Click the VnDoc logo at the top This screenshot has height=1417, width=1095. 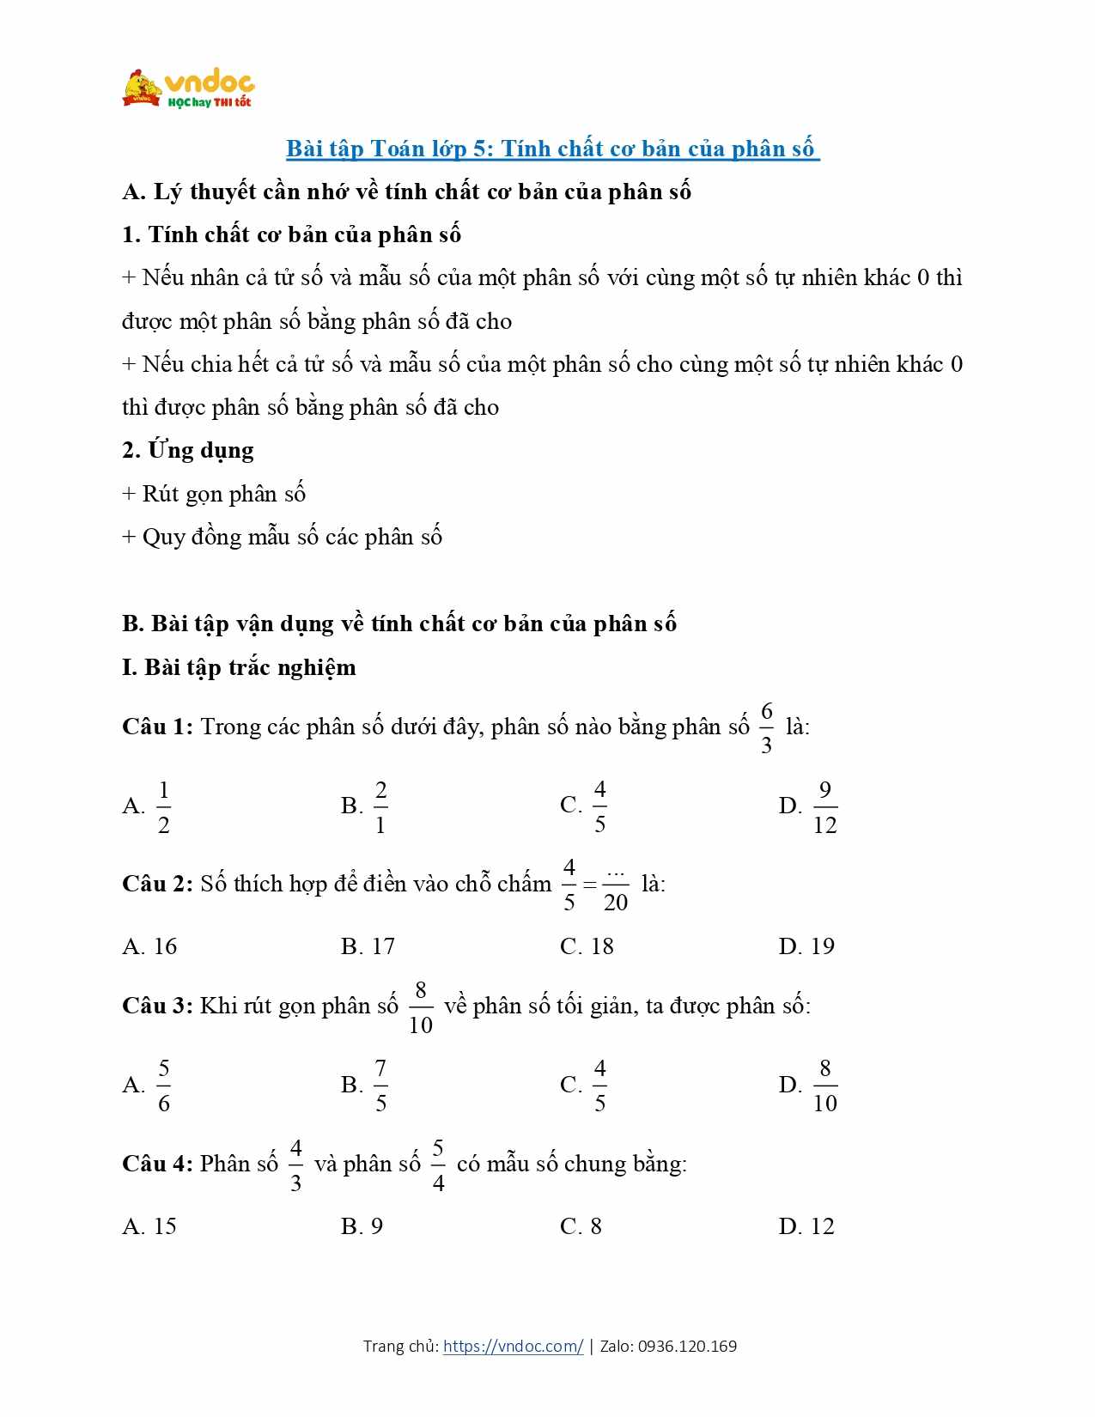click(189, 88)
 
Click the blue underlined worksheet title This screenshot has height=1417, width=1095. click(552, 149)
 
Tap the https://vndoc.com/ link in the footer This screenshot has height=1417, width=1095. click(513, 1346)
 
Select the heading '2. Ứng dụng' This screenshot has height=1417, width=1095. click(188, 450)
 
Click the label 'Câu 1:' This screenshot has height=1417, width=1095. click(158, 727)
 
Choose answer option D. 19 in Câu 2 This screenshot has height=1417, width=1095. click(806, 946)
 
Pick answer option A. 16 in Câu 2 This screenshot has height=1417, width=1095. click(149, 946)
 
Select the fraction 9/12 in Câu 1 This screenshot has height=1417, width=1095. click(824, 807)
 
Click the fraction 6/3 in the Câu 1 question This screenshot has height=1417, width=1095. click(766, 727)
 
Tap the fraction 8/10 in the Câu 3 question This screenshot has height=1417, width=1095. click(421, 1007)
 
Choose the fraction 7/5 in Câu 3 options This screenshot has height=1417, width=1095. click(380, 1086)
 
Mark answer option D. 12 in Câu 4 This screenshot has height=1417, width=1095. click(806, 1226)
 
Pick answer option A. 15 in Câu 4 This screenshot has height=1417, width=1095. click(149, 1226)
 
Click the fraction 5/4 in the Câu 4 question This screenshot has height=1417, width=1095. click(438, 1165)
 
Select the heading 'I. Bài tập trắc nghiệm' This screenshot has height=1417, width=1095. click(239, 667)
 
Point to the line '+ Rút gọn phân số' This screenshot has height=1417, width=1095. click(214, 494)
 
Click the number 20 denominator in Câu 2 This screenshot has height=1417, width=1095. click(616, 903)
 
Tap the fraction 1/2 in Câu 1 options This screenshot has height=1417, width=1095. click(163, 807)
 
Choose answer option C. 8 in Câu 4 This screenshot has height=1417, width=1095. click(581, 1226)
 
